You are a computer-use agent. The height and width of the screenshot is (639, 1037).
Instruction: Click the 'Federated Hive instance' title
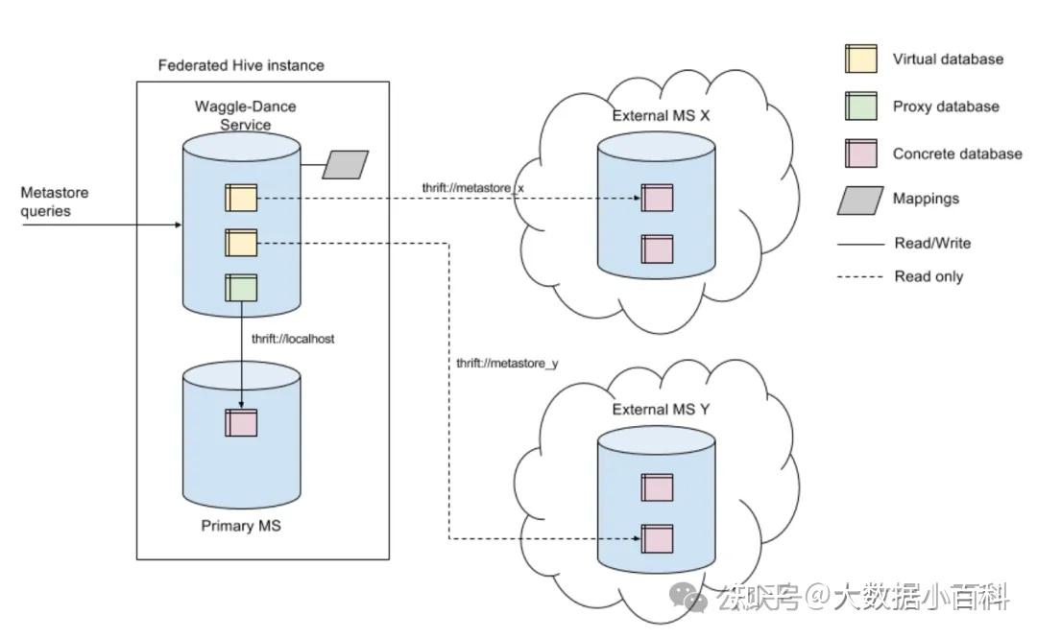241,65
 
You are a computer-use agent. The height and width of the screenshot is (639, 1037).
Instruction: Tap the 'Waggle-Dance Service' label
246,115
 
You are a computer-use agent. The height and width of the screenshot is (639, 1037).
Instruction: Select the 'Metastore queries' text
55,201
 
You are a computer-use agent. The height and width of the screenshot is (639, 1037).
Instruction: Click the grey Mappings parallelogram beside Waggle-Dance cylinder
346,164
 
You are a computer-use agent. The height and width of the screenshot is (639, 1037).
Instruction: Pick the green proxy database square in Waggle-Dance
241,288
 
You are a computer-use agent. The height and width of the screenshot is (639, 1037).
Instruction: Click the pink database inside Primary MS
241,422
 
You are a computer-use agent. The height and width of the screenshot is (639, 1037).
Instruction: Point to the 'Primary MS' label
241,526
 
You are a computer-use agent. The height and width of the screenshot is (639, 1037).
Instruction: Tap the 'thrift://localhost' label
293,340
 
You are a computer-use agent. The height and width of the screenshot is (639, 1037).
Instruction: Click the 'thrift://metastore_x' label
472,187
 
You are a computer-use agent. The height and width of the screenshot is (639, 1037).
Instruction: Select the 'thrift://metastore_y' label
507,363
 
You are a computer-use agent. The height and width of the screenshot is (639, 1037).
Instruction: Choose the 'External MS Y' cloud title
662,410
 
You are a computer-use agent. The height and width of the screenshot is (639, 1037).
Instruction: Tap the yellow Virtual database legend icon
860,59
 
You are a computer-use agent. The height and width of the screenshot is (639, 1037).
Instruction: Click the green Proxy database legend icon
860,106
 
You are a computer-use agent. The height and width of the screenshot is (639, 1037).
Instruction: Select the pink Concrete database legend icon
860,154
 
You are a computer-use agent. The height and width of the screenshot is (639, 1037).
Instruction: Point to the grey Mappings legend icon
859,200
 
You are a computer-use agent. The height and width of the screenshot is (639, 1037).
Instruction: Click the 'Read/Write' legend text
931,244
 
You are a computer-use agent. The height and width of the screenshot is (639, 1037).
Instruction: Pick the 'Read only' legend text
928,276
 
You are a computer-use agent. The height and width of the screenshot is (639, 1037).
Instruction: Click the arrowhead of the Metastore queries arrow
178,226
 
